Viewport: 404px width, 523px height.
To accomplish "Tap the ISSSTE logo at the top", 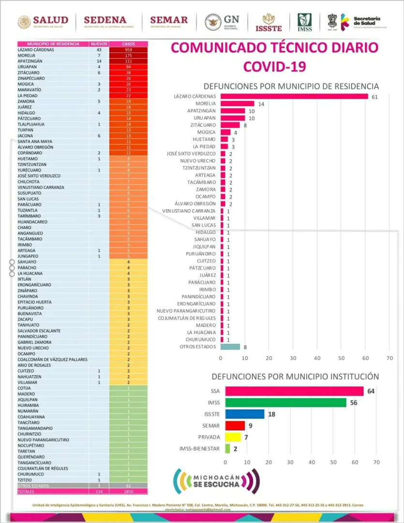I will pyautogui.click(x=269, y=22).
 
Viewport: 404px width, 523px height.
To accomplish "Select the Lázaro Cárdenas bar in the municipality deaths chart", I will pyautogui.click(x=294, y=96).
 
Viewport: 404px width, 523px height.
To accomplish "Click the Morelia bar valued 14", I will pyautogui.click(x=238, y=104).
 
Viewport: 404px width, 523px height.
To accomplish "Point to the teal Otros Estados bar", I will pyautogui.click(x=230, y=347).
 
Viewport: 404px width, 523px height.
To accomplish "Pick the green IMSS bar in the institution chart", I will pyautogui.click(x=286, y=402).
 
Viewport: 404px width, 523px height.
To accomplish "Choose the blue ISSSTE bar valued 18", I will pyautogui.click(x=245, y=414).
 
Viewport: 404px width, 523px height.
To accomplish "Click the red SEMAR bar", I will pyautogui.click(x=235, y=426).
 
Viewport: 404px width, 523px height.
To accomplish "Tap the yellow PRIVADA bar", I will pyautogui.click(x=233, y=437).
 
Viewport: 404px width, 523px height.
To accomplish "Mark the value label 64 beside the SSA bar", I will pyautogui.click(x=372, y=391).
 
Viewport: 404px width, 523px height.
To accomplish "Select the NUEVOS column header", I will pyautogui.click(x=99, y=44).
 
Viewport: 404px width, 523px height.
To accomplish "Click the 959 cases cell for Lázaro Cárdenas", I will pyautogui.click(x=128, y=50).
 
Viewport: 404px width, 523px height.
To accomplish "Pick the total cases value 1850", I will pyautogui.click(x=128, y=492).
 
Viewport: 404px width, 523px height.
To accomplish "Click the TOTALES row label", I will pyautogui.click(x=26, y=492).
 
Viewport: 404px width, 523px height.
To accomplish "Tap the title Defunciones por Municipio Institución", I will pyautogui.click(x=295, y=376).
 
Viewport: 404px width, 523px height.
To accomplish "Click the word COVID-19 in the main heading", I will pyautogui.click(x=274, y=66).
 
